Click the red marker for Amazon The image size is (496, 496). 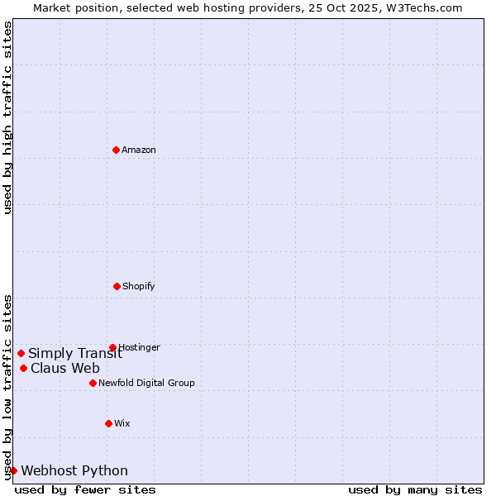pos(116,150)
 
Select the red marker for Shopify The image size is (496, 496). pos(117,286)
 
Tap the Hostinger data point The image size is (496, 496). pos(112,347)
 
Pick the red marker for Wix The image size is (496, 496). pos(108,423)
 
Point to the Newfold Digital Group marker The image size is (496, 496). pos(93,383)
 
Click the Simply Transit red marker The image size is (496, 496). pos(21,353)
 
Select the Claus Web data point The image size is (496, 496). pos(23,368)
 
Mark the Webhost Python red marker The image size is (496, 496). pos(13,470)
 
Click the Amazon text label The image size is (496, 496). pos(139,150)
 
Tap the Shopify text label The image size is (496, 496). pos(139,286)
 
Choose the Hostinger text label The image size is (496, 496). pos(139,347)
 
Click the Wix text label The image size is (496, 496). pos(122,423)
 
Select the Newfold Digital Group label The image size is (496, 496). pos(146,383)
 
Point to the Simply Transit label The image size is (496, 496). pos(75,353)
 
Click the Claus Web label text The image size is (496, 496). pos(65,368)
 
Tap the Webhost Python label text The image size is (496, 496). pos(74,470)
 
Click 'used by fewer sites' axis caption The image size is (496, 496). pos(85,489)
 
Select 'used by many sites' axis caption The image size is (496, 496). pos(415,489)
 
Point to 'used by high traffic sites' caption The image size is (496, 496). pos(7,117)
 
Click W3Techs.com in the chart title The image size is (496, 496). pos(427,7)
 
